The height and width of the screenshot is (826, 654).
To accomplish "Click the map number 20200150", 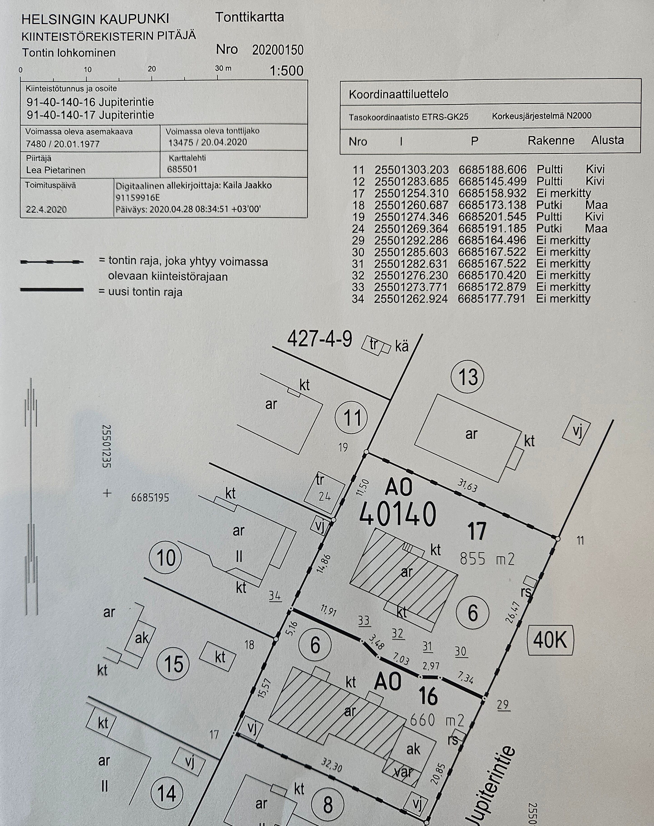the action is [278, 50].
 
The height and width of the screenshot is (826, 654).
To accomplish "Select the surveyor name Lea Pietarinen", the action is [56, 170].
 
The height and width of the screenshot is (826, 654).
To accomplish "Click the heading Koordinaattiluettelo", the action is [398, 94].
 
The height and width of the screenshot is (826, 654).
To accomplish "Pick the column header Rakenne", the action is [551, 141].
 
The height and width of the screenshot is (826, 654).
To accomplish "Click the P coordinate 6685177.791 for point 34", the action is [491, 299].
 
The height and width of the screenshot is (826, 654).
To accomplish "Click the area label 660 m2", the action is [437, 720].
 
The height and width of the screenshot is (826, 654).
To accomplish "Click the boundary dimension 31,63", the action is [467, 485].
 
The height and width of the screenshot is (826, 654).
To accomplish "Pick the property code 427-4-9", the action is [319, 339].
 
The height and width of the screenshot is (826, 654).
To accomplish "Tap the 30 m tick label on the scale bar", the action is [223, 69].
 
